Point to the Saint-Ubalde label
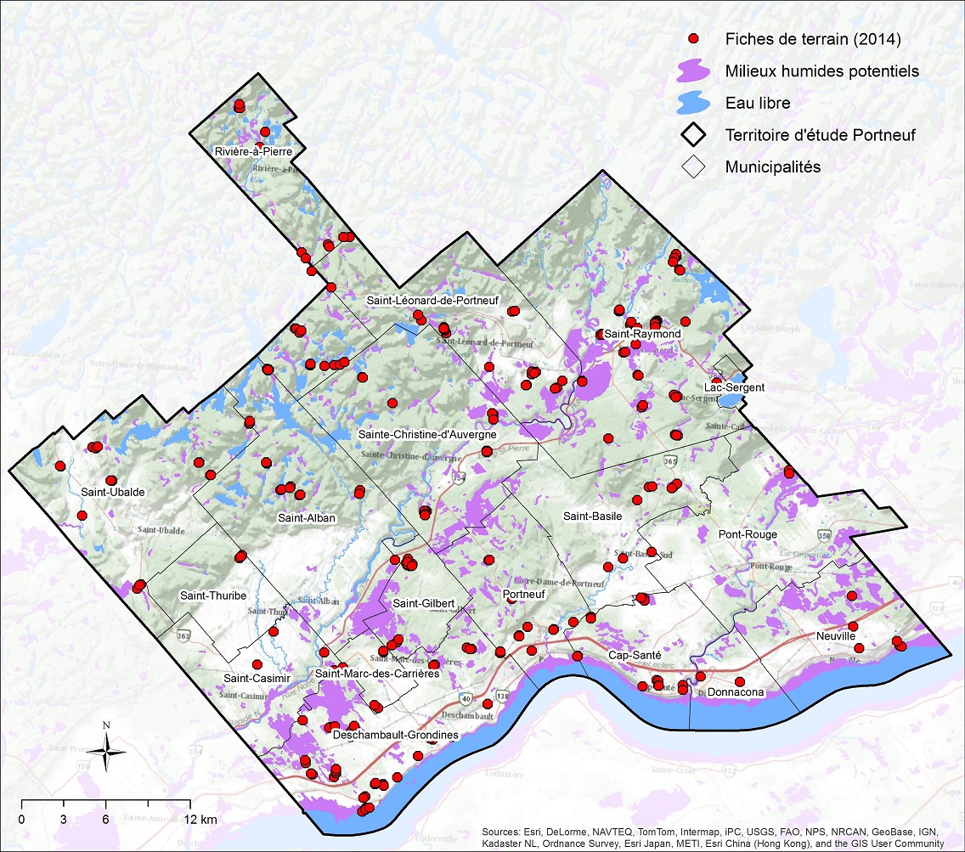point(112,493)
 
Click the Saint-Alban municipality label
point(307,518)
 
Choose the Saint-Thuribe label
point(213,595)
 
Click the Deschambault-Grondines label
point(396,734)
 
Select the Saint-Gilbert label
point(423,603)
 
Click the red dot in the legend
point(693,38)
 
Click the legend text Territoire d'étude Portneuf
point(820,135)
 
